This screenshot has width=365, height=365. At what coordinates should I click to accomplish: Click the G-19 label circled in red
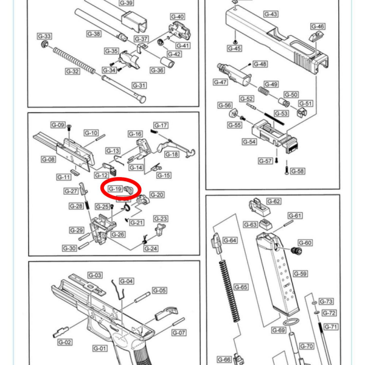click(115, 189)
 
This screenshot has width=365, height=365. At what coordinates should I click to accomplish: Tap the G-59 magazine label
click(301, 274)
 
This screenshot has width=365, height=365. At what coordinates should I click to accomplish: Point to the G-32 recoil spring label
click(72, 71)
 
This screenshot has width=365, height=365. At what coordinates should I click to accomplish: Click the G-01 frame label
click(100, 348)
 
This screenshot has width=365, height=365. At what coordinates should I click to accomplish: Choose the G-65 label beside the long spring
click(241, 287)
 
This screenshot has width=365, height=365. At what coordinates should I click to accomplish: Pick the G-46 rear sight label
click(318, 26)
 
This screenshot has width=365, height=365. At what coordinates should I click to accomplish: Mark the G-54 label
click(249, 141)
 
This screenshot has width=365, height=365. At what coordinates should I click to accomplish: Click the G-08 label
click(49, 159)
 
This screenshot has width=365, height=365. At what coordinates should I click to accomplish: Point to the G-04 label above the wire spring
click(126, 281)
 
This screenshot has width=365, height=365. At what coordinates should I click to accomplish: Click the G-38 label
click(94, 33)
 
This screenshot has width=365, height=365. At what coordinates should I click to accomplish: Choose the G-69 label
click(279, 330)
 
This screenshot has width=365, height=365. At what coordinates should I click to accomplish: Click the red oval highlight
click(121, 189)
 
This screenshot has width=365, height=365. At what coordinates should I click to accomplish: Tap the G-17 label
click(161, 125)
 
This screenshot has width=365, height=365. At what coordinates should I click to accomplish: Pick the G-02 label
click(65, 342)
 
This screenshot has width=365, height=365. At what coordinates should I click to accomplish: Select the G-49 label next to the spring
click(271, 85)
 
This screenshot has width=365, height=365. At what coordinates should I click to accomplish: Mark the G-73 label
click(327, 302)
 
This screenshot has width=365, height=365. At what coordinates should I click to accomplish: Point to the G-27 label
click(72, 191)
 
